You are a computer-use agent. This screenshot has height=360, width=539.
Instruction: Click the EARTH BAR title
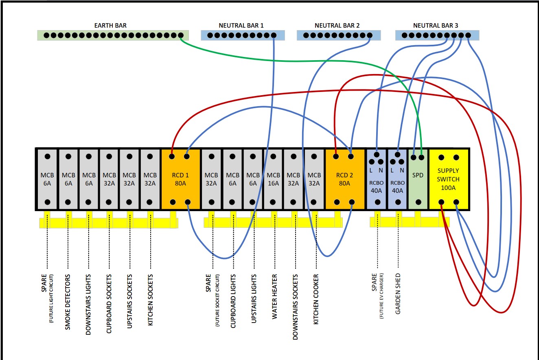click(111, 25)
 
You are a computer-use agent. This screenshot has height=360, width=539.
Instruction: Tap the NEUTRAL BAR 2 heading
click(337, 25)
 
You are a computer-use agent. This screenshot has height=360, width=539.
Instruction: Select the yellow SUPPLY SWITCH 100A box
click(448, 179)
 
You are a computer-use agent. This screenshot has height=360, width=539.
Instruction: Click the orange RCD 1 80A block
click(180, 179)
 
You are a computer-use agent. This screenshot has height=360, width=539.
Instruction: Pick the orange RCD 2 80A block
click(344, 179)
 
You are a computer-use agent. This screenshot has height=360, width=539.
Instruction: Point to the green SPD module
click(418, 179)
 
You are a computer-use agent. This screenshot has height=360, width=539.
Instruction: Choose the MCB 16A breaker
click(274, 179)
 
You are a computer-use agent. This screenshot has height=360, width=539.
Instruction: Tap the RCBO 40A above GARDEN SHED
click(397, 179)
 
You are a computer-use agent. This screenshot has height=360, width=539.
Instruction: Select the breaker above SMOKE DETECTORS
click(68, 179)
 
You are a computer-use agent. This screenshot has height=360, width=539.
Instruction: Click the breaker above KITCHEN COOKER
click(314, 179)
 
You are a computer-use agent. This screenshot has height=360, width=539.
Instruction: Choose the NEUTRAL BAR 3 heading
click(436, 25)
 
